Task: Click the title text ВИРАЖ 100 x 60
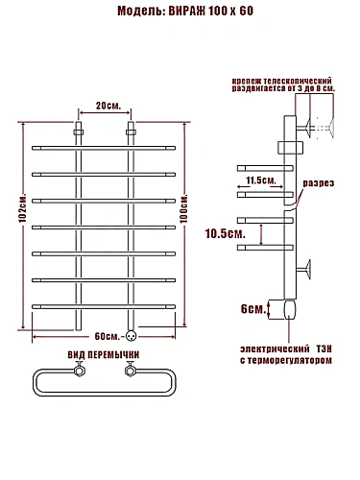pyautogui.click(x=211, y=11)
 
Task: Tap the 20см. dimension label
pyautogui.click(x=108, y=106)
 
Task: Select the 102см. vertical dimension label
pyautogui.click(x=22, y=207)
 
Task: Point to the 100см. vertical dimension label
pyautogui.click(x=184, y=207)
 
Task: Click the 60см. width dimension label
pyautogui.click(x=108, y=336)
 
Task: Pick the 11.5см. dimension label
pyautogui.click(x=261, y=180)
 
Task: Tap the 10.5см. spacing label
pyautogui.click(x=226, y=233)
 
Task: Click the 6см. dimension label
pyautogui.click(x=253, y=309)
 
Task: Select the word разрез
pyautogui.click(x=319, y=183)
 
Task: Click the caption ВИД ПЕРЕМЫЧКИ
pyautogui.click(x=104, y=355)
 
